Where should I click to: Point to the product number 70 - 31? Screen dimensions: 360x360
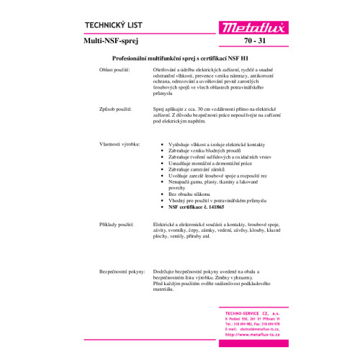(x=256, y=42)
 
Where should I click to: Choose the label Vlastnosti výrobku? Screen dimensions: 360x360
(x=118, y=145)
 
